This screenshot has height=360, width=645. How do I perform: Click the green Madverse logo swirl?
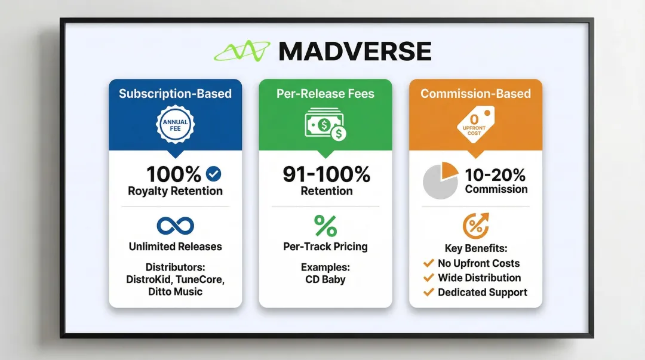pyautogui.click(x=242, y=52)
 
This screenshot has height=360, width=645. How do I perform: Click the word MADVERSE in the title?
pyautogui.click(x=355, y=52)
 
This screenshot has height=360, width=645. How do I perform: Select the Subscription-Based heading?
pyautogui.click(x=175, y=94)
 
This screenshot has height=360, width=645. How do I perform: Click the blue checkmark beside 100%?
pyautogui.click(x=213, y=174)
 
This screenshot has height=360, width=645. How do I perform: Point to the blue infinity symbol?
pyautogui.click(x=175, y=226)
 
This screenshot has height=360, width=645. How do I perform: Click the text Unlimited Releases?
pyautogui.click(x=175, y=247)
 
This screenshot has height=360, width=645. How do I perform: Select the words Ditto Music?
pyautogui.click(x=175, y=292)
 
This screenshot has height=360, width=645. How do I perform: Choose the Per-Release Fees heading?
pyautogui.click(x=325, y=94)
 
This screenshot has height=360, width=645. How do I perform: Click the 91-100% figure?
pyautogui.click(x=325, y=174)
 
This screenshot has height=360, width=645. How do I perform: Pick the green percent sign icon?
pyautogui.click(x=325, y=226)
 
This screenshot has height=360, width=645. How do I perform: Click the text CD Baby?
pyautogui.click(x=325, y=279)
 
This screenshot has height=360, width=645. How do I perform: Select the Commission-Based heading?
pyautogui.click(x=475, y=94)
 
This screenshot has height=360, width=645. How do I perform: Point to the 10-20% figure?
pyautogui.click(x=496, y=174)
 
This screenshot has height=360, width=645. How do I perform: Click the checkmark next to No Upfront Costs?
pyautogui.click(x=428, y=263)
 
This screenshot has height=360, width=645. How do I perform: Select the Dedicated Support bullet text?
pyautogui.click(x=483, y=293)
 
